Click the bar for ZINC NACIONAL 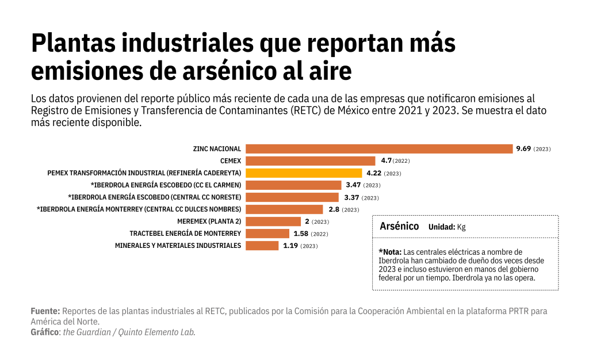click(378, 149)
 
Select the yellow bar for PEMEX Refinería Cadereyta click(304, 173)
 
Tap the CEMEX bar click(311, 161)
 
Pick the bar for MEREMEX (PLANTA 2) click(273, 221)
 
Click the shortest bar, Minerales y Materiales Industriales click(262, 246)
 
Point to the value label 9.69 click(523, 149)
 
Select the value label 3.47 click(353, 185)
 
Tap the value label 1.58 click(301, 233)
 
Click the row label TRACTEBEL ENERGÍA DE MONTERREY click(185, 233)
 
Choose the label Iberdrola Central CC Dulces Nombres click(139, 209)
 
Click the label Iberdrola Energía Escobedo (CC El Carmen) click(166, 185)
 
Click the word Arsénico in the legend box click(399, 227)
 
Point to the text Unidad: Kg click(447, 227)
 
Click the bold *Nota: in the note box click(390, 252)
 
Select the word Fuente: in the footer click(45, 311)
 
